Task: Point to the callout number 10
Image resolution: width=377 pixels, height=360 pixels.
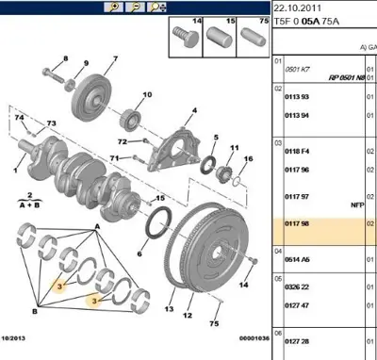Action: [146, 94]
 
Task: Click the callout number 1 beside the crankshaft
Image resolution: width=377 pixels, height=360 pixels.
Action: [14, 171]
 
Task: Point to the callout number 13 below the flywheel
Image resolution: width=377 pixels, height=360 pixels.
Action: [172, 308]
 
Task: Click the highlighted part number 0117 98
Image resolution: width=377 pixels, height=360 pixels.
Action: [299, 222]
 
